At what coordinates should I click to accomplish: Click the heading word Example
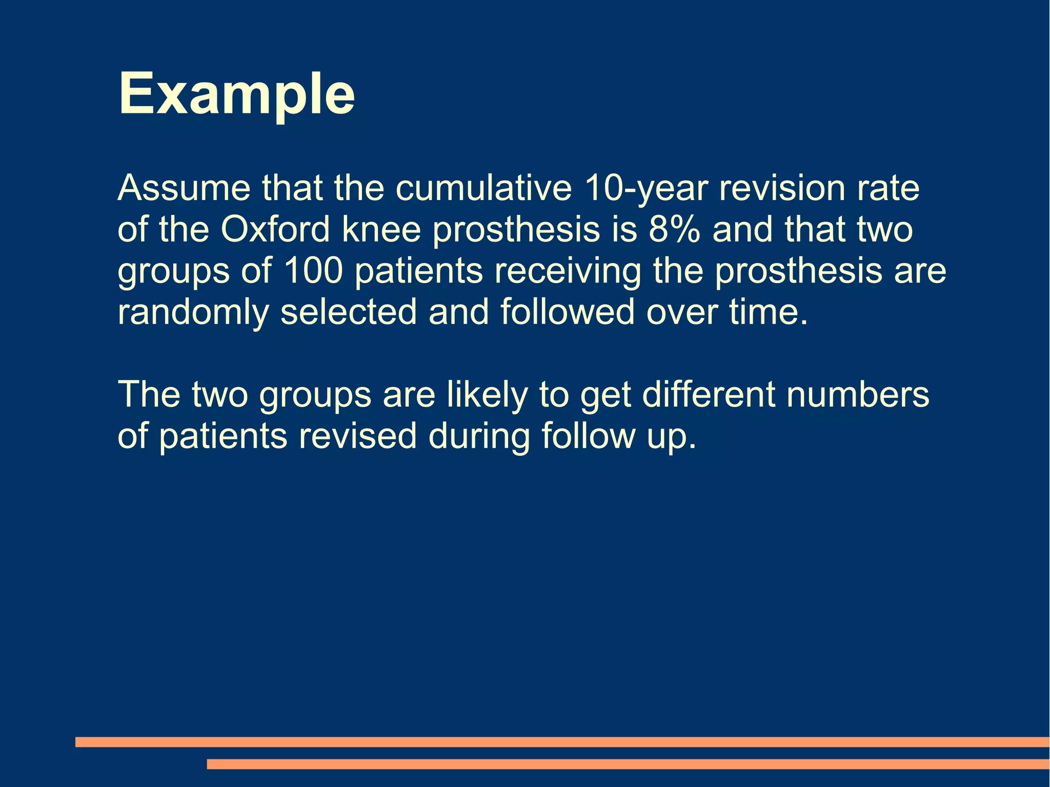point(236,94)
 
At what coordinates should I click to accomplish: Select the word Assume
point(184,188)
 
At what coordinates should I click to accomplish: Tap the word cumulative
point(483,188)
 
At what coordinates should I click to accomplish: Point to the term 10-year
point(645,189)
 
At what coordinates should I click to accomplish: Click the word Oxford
point(275,230)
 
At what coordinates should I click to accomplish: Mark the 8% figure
point(674,230)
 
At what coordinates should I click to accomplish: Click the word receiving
point(568,272)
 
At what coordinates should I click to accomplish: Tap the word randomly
point(193,313)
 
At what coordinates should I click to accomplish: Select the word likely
point(487,395)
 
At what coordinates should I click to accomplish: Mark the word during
point(479,437)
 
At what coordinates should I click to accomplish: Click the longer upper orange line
point(562,742)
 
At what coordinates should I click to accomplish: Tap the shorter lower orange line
point(628,764)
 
